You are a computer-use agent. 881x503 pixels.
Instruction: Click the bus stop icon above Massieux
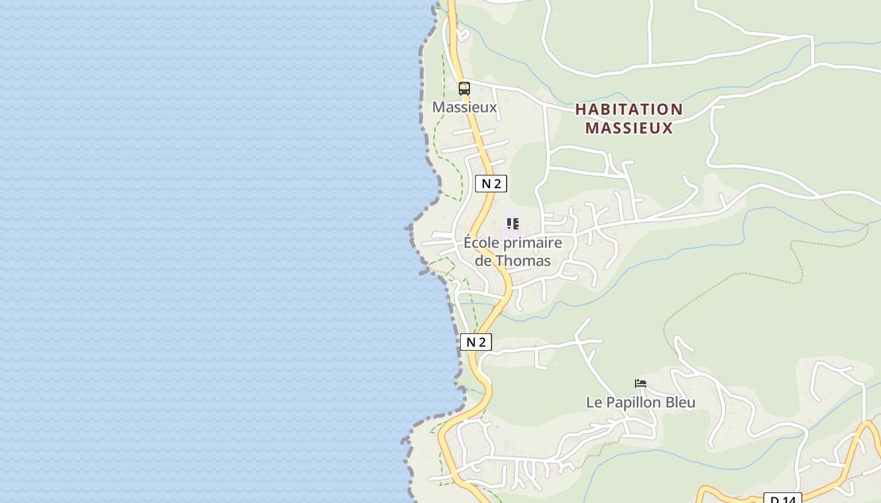(464, 89)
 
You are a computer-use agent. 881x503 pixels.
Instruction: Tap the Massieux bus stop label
(464, 107)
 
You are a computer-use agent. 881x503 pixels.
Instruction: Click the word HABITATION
(629, 109)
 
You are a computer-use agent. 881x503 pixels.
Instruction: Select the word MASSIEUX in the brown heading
(629, 128)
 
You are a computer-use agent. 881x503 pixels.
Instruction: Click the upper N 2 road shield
(491, 184)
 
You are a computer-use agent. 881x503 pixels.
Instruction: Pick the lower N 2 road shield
(476, 342)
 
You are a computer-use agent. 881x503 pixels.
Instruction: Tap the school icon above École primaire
(513, 224)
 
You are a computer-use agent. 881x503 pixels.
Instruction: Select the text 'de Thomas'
(513, 260)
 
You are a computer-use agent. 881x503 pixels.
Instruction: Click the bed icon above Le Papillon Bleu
(641, 383)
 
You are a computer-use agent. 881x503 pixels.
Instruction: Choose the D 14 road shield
(783, 499)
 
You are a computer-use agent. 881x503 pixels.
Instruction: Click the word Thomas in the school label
(523, 260)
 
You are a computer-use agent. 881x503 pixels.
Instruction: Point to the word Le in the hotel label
(593, 402)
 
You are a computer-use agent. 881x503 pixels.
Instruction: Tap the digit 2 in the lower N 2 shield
(482, 342)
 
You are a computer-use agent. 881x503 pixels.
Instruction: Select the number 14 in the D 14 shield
(789, 500)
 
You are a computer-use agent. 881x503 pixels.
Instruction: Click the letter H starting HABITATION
(581, 109)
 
